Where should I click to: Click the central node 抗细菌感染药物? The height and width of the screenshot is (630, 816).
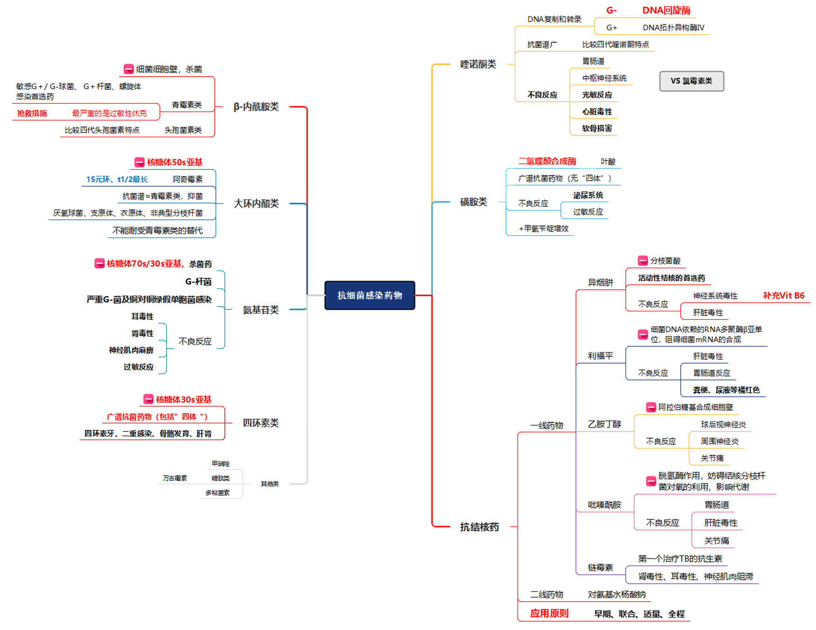tap(370, 295)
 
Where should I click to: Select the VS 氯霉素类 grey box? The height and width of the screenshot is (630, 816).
tap(691, 81)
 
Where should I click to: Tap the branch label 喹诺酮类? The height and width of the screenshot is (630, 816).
tap(478, 64)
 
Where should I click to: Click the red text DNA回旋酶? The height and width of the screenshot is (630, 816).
tap(666, 10)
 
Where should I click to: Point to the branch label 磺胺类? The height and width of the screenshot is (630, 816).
tap(473, 202)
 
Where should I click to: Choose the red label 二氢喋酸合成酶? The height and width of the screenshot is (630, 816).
tap(547, 161)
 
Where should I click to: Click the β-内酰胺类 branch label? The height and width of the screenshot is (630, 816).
tap(256, 107)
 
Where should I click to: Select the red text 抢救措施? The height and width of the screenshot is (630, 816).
tap(32, 113)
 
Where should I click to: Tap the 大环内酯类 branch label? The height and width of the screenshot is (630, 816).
tap(256, 203)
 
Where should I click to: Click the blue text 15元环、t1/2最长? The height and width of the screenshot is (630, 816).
tap(117, 180)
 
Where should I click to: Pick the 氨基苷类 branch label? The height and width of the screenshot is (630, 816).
tap(260, 310)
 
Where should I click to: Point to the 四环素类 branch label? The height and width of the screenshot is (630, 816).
tap(260, 423)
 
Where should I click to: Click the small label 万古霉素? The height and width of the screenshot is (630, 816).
tap(174, 478)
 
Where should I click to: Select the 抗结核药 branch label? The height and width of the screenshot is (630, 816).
tap(479, 527)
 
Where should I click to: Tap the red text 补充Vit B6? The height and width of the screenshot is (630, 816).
tap(783, 295)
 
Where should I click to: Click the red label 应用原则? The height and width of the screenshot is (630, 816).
tap(549, 614)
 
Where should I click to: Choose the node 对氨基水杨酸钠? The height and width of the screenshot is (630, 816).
tap(616, 595)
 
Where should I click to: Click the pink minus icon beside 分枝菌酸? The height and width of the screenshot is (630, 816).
tap(642, 260)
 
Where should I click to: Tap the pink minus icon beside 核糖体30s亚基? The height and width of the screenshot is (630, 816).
tap(148, 399)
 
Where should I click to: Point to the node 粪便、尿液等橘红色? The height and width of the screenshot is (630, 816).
tap(726, 390)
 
